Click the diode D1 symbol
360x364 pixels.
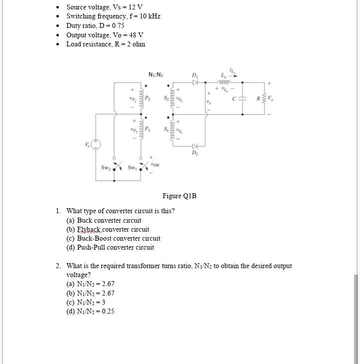[195, 81]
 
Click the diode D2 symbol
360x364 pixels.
[195, 146]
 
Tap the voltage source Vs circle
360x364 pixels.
[96, 145]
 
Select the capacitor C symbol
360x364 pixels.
[242, 99]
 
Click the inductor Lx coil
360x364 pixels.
[223, 81]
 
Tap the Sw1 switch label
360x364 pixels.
[132, 168]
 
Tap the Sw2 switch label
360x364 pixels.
[106, 168]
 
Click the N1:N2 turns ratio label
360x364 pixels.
[156, 75]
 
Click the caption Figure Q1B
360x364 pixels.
[179, 196]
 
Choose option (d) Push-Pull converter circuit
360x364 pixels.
[110, 247]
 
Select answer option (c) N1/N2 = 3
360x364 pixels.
[85, 302]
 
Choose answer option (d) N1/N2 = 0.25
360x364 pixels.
[90, 311]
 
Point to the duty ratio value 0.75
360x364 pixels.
[118, 25]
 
